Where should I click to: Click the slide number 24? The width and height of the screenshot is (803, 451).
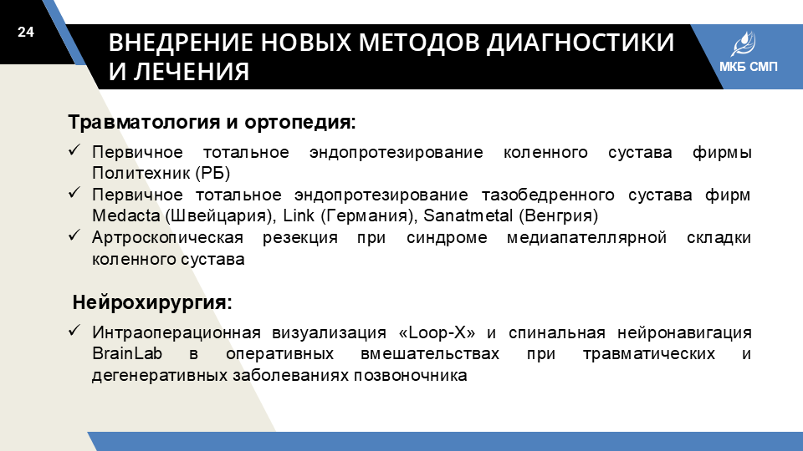26,32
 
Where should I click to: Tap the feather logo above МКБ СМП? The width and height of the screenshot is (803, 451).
743,44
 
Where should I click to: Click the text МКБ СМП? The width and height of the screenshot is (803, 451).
748,67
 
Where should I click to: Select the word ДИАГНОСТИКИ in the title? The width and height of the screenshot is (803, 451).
581,43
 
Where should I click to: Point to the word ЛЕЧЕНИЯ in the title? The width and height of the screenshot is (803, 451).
192,72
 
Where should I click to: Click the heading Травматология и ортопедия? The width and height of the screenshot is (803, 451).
212,122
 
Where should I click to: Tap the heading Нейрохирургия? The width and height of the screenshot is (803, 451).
152,302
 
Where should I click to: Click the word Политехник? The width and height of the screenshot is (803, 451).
141,174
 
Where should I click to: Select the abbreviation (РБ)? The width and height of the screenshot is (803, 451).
212,174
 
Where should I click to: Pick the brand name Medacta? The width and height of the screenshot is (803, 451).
126,215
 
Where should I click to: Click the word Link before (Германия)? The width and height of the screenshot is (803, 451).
298,215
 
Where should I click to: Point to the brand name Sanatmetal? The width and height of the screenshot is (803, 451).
468,215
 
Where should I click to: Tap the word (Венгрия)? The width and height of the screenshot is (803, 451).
558,215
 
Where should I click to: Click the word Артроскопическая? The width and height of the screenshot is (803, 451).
167,238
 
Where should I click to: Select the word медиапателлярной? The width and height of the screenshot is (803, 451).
586,238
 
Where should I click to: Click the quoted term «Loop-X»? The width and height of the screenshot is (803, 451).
437,333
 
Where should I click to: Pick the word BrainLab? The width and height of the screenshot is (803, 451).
127,353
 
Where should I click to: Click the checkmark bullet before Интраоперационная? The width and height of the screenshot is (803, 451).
74,331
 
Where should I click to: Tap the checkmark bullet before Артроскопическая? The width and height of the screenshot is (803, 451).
74,236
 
